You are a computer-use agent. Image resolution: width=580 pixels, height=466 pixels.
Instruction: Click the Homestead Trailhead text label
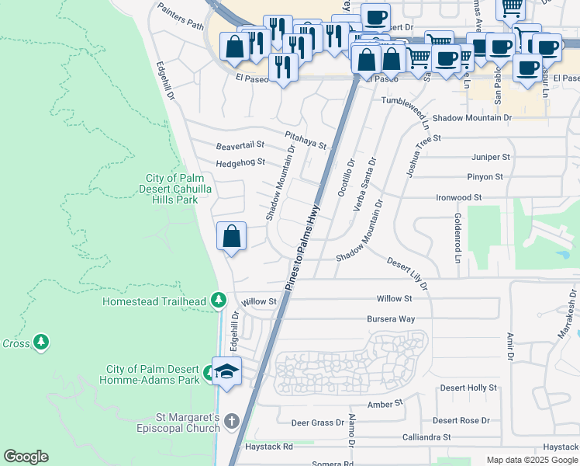155,301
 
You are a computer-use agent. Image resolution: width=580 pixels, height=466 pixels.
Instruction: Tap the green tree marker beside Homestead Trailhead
219,301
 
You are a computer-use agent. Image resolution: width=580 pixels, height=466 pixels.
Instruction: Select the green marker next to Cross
41,343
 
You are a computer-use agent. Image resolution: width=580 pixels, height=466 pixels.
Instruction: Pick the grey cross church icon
230,422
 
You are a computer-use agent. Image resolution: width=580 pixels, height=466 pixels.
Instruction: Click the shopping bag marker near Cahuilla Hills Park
232,237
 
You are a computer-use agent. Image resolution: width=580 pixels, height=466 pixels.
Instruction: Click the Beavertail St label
240,145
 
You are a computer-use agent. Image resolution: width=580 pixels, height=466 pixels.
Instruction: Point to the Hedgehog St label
240,162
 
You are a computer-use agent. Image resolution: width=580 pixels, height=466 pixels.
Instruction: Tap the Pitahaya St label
305,139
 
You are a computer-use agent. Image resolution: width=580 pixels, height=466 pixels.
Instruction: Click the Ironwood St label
459,198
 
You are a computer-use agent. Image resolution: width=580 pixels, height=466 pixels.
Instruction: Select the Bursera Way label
391,319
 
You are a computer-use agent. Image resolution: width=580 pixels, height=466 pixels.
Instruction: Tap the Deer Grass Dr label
317,423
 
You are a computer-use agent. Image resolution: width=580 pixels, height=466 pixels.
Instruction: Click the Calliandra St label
426,437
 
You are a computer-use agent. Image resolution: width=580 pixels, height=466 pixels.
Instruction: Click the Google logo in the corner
26,457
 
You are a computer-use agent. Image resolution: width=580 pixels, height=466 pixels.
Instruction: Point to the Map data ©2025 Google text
532,461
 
